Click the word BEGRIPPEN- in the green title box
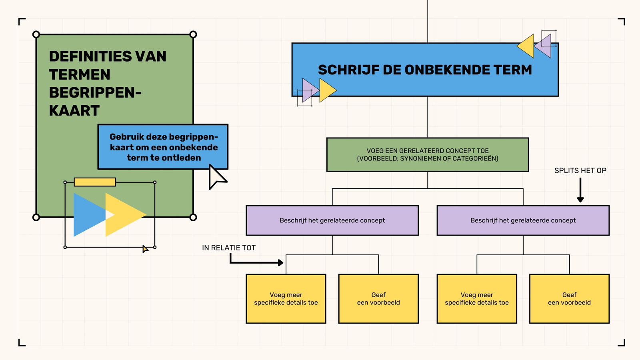tap(95, 92)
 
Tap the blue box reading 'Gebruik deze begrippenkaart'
tap(163, 147)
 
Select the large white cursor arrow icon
tap(217, 177)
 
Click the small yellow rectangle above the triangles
tap(95, 182)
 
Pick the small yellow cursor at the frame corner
tap(146, 249)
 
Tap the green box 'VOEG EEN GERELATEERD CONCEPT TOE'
tap(428, 154)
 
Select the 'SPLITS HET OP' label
tap(580, 170)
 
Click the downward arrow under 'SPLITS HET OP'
tap(580, 190)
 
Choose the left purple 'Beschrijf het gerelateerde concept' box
tap(332, 220)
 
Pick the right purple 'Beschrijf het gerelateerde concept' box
tap(523, 220)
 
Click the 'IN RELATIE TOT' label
tap(228, 248)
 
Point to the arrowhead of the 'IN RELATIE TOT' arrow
tap(280, 262)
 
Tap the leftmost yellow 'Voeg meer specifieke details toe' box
tap(286, 298)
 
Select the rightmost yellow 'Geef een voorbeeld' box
tap(570, 298)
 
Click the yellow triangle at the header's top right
tap(528, 46)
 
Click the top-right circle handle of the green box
tap(193, 34)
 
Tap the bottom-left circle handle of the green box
tap(36, 218)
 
